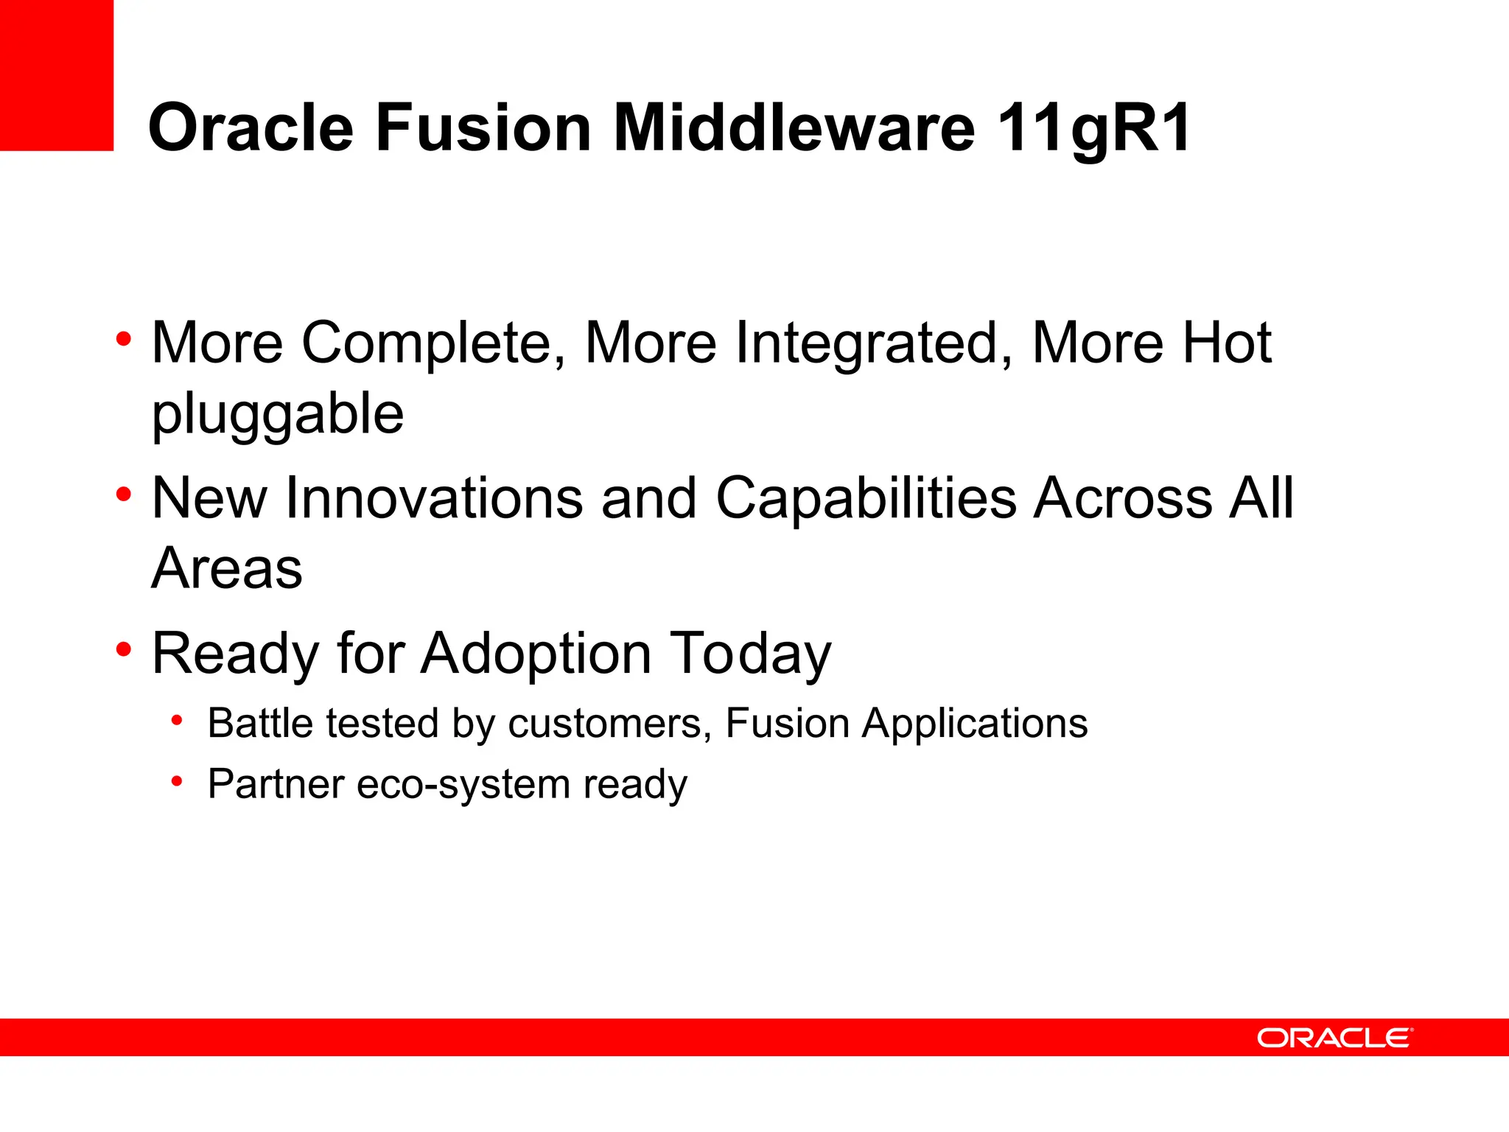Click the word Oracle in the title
(x=251, y=128)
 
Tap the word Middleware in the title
(x=794, y=128)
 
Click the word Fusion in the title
(x=483, y=128)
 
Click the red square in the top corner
(x=56, y=74)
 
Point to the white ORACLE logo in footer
(x=1334, y=1038)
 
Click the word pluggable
(x=278, y=415)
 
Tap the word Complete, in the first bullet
(x=433, y=343)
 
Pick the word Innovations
(x=434, y=498)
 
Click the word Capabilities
(x=866, y=498)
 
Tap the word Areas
(x=227, y=569)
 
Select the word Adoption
(x=536, y=654)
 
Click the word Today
(x=751, y=654)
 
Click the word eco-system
(x=463, y=784)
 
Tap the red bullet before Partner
(x=177, y=781)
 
